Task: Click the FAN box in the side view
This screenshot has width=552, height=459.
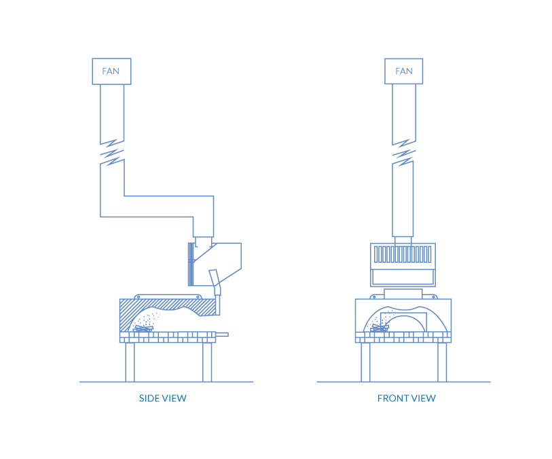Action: pos(111,71)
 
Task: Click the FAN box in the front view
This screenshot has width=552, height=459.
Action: pos(403,71)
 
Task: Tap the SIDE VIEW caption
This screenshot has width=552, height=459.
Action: pos(163,399)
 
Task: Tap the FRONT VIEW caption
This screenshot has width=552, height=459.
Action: pos(407,399)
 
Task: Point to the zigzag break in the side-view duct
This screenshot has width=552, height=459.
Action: pos(112,153)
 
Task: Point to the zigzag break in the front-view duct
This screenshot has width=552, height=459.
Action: pos(403,153)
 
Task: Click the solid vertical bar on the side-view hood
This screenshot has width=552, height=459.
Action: pos(190,264)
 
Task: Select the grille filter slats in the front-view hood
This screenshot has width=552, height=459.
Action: pos(403,255)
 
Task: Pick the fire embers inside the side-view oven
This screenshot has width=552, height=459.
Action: pos(143,327)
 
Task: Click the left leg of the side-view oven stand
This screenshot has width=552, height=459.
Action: pos(130,362)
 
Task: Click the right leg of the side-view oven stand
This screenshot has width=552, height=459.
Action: pos(207,362)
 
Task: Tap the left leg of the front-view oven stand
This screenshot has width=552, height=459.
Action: pos(365,362)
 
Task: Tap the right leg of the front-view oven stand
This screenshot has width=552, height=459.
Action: pos(442,362)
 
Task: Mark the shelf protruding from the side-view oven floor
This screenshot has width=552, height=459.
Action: pos(222,334)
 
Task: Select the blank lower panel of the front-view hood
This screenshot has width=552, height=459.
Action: pos(403,276)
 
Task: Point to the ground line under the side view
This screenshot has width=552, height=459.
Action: pos(166,382)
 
